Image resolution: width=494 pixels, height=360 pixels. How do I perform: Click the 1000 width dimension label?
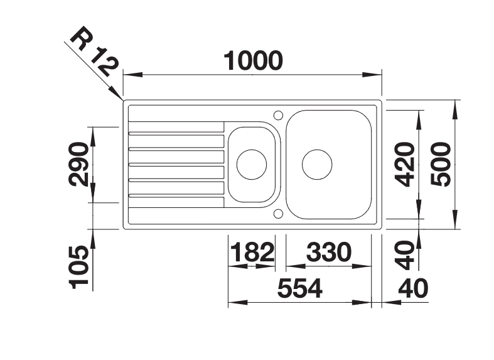(x=253, y=60)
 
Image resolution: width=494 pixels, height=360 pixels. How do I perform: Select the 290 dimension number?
(x=78, y=164)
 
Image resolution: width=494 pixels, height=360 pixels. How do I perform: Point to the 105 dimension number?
(x=78, y=267)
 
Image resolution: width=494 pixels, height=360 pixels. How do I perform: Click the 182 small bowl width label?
(x=252, y=252)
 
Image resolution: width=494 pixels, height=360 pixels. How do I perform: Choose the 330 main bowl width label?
(x=328, y=252)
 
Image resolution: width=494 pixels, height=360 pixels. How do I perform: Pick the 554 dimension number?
(x=299, y=288)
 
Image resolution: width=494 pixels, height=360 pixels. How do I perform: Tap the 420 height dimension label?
(x=405, y=164)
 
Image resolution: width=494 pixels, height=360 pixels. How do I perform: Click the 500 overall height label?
(x=441, y=164)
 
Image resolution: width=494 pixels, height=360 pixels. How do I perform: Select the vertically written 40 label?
(x=405, y=255)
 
